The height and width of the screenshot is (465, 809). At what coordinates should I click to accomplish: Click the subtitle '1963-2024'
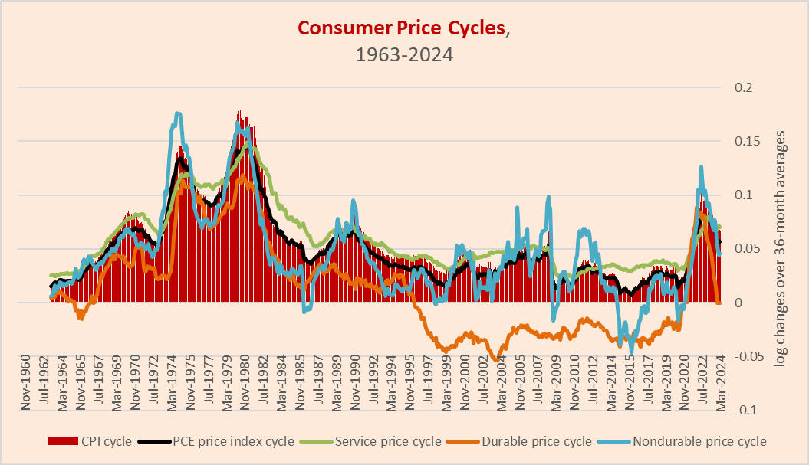click(x=404, y=55)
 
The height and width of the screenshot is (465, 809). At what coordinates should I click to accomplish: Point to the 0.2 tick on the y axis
click(x=744, y=88)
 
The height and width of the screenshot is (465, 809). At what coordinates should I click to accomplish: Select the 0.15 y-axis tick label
click(x=747, y=142)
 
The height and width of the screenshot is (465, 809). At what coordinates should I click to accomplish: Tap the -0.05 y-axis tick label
click(x=749, y=356)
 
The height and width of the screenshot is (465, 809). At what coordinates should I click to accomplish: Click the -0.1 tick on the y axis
click(x=746, y=410)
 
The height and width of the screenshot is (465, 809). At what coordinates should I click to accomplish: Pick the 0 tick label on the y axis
click(x=739, y=303)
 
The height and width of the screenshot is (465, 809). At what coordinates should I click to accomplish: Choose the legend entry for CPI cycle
click(x=90, y=441)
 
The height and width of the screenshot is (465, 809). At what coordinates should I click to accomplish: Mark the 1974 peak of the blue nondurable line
click(x=177, y=113)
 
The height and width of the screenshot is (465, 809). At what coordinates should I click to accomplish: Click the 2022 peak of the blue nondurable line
click(x=701, y=166)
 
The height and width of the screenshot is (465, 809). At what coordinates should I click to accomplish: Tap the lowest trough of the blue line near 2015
click(x=631, y=352)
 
